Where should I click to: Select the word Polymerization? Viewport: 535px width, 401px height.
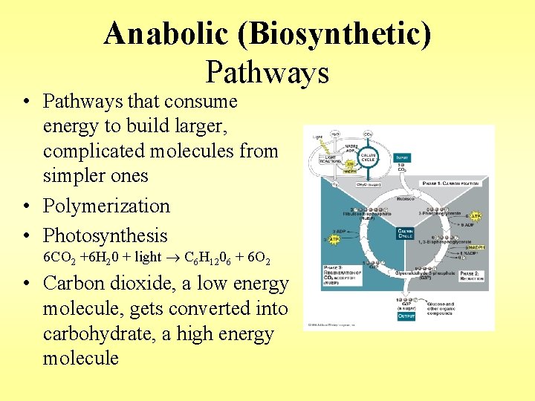106,206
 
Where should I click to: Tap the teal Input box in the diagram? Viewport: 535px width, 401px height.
402,158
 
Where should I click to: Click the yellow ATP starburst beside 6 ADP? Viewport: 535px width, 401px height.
476,215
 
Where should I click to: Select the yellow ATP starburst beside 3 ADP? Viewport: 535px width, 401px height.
334,240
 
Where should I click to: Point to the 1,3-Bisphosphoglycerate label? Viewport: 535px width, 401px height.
446,243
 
